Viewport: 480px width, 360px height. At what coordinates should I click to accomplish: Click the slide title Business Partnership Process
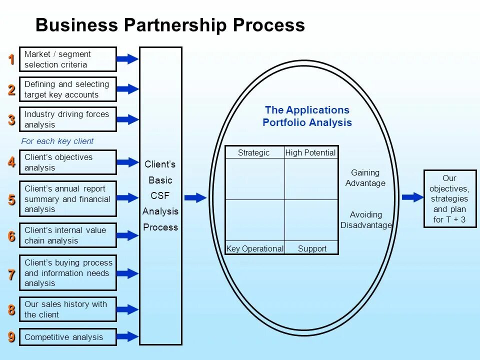[x=170, y=25]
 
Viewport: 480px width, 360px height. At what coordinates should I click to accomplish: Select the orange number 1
[x=11, y=59]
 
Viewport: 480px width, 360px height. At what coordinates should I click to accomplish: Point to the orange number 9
[x=11, y=337]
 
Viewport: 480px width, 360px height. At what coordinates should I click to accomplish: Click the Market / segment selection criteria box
[x=67, y=59]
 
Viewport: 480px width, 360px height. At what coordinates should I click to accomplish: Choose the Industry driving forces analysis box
[x=67, y=119]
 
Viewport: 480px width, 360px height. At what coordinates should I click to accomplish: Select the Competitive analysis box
[x=67, y=337]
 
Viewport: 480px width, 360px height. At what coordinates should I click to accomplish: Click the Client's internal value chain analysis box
[x=67, y=235]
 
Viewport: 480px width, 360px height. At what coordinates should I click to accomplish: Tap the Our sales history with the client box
[x=67, y=309]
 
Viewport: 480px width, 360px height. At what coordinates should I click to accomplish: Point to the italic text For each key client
[x=57, y=141]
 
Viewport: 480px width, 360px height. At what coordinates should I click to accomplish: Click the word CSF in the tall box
[x=160, y=196]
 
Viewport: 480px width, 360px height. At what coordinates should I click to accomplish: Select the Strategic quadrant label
[x=253, y=152]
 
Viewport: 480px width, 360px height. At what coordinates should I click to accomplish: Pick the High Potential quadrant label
[x=310, y=152]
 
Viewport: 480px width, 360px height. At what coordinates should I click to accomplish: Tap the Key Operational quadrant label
[x=255, y=248]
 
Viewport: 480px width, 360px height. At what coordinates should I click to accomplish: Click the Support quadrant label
[x=312, y=248]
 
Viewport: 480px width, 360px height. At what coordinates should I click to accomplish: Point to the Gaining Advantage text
[x=365, y=177]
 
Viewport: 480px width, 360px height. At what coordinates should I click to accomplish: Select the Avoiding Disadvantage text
[x=366, y=219]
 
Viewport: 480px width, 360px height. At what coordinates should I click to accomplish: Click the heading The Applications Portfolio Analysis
[x=307, y=116]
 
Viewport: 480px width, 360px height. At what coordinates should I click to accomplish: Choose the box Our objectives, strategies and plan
[x=450, y=198]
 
